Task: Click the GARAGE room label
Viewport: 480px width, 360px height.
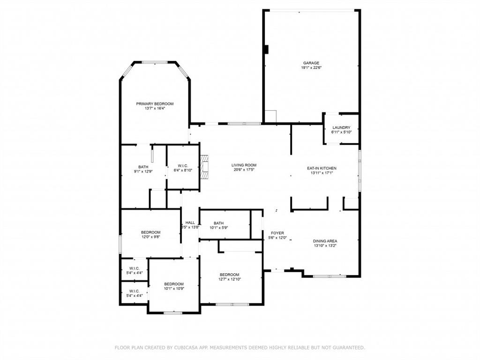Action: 311,63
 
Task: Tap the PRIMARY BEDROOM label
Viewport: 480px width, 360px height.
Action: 155,104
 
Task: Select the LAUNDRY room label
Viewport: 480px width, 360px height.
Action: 341,127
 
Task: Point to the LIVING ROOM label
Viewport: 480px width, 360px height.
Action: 244,165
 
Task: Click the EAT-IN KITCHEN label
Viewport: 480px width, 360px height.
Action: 322,168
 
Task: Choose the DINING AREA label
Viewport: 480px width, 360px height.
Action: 325,241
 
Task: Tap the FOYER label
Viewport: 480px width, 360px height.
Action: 277,233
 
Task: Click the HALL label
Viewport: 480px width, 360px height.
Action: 190,223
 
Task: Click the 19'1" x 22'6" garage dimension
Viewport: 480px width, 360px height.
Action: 311,67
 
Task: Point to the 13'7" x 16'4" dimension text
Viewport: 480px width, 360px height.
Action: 155,108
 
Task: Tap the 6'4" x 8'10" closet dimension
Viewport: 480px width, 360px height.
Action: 183,170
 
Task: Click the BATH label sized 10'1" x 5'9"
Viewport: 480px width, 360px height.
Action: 218,223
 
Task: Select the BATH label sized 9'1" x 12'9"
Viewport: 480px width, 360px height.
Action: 143,167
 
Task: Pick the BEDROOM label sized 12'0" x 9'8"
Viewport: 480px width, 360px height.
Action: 150,232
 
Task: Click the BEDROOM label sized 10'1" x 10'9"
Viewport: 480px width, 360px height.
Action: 174,284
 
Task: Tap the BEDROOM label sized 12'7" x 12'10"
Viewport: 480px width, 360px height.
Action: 229,275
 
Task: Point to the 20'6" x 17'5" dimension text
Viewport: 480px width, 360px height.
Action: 244,170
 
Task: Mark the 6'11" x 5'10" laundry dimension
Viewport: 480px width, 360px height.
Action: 341,132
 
